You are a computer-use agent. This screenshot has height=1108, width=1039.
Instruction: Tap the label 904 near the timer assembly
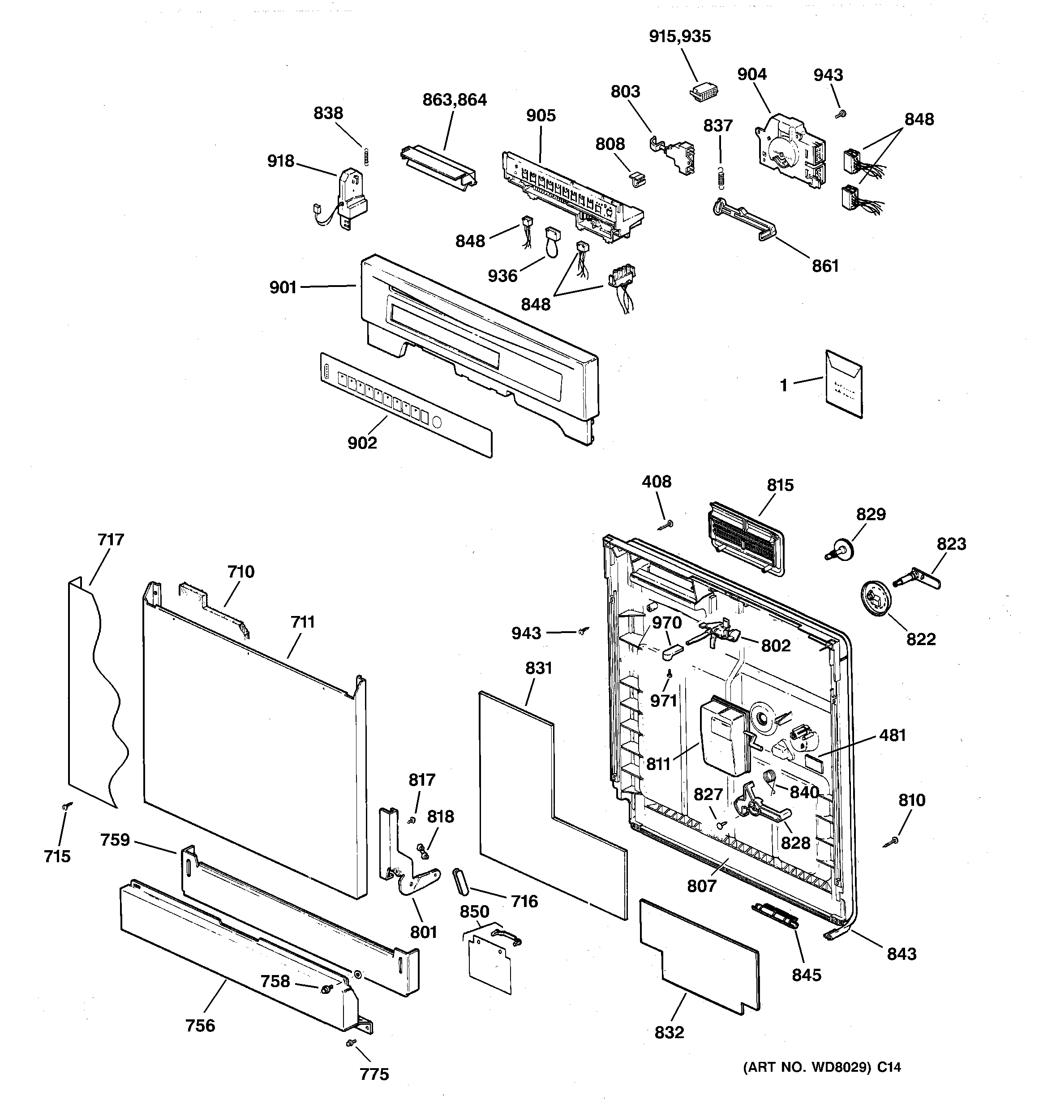(x=752, y=74)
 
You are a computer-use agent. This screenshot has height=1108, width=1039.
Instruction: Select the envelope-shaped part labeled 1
(x=844, y=384)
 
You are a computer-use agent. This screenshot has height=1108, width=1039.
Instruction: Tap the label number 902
(x=362, y=443)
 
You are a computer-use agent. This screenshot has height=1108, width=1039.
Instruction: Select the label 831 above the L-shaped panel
(x=538, y=667)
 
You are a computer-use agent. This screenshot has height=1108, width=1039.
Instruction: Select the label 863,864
(x=455, y=100)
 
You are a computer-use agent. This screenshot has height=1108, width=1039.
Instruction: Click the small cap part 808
(x=637, y=179)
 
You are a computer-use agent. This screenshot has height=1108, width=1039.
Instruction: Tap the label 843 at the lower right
(x=901, y=954)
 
